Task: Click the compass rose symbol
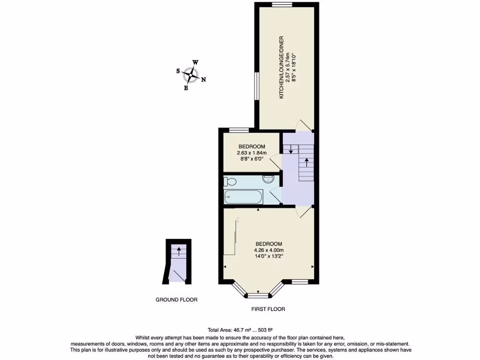pyautogui.click(x=191, y=75)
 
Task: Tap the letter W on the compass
pyautogui.click(x=195, y=62)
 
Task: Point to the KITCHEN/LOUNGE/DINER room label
pyautogui.click(x=282, y=67)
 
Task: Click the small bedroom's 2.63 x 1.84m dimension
pyautogui.click(x=252, y=152)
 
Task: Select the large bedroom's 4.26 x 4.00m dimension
pyautogui.click(x=269, y=250)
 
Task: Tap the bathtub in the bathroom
pyautogui.click(x=243, y=197)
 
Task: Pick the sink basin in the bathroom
pyautogui.click(x=268, y=179)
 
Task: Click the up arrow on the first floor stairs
pyautogui.click(x=307, y=163)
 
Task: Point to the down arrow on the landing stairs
pyautogui.click(x=291, y=150)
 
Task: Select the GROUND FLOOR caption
pyautogui.click(x=177, y=300)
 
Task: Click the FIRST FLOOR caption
pyautogui.click(x=268, y=309)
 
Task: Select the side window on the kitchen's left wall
pyautogui.click(x=256, y=85)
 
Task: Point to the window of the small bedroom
pyautogui.click(x=239, y=130)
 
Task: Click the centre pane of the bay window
pyautogui.click(x=258, y=295)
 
